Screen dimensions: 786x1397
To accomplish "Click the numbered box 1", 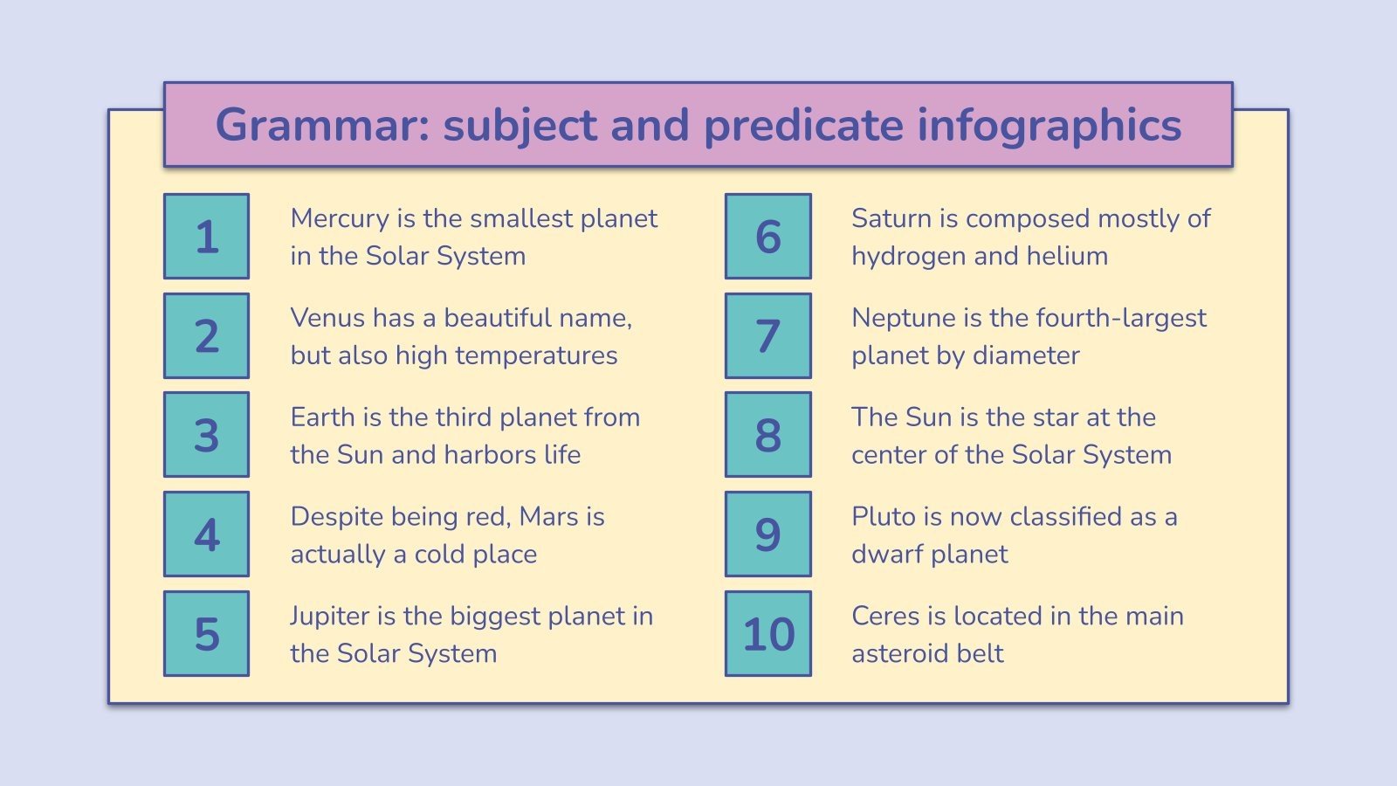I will (x=206, y=237).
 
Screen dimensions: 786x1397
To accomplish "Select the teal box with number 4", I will (x=206, y=534).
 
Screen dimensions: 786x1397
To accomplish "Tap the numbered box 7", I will (x=767, y=336).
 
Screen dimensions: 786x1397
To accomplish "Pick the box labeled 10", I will (x=767, y=634).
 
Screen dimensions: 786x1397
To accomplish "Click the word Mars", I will (x=548, y=517).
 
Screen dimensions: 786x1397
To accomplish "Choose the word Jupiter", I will (x=330, y=617).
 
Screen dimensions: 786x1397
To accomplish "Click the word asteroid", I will (x=903, y=654).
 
